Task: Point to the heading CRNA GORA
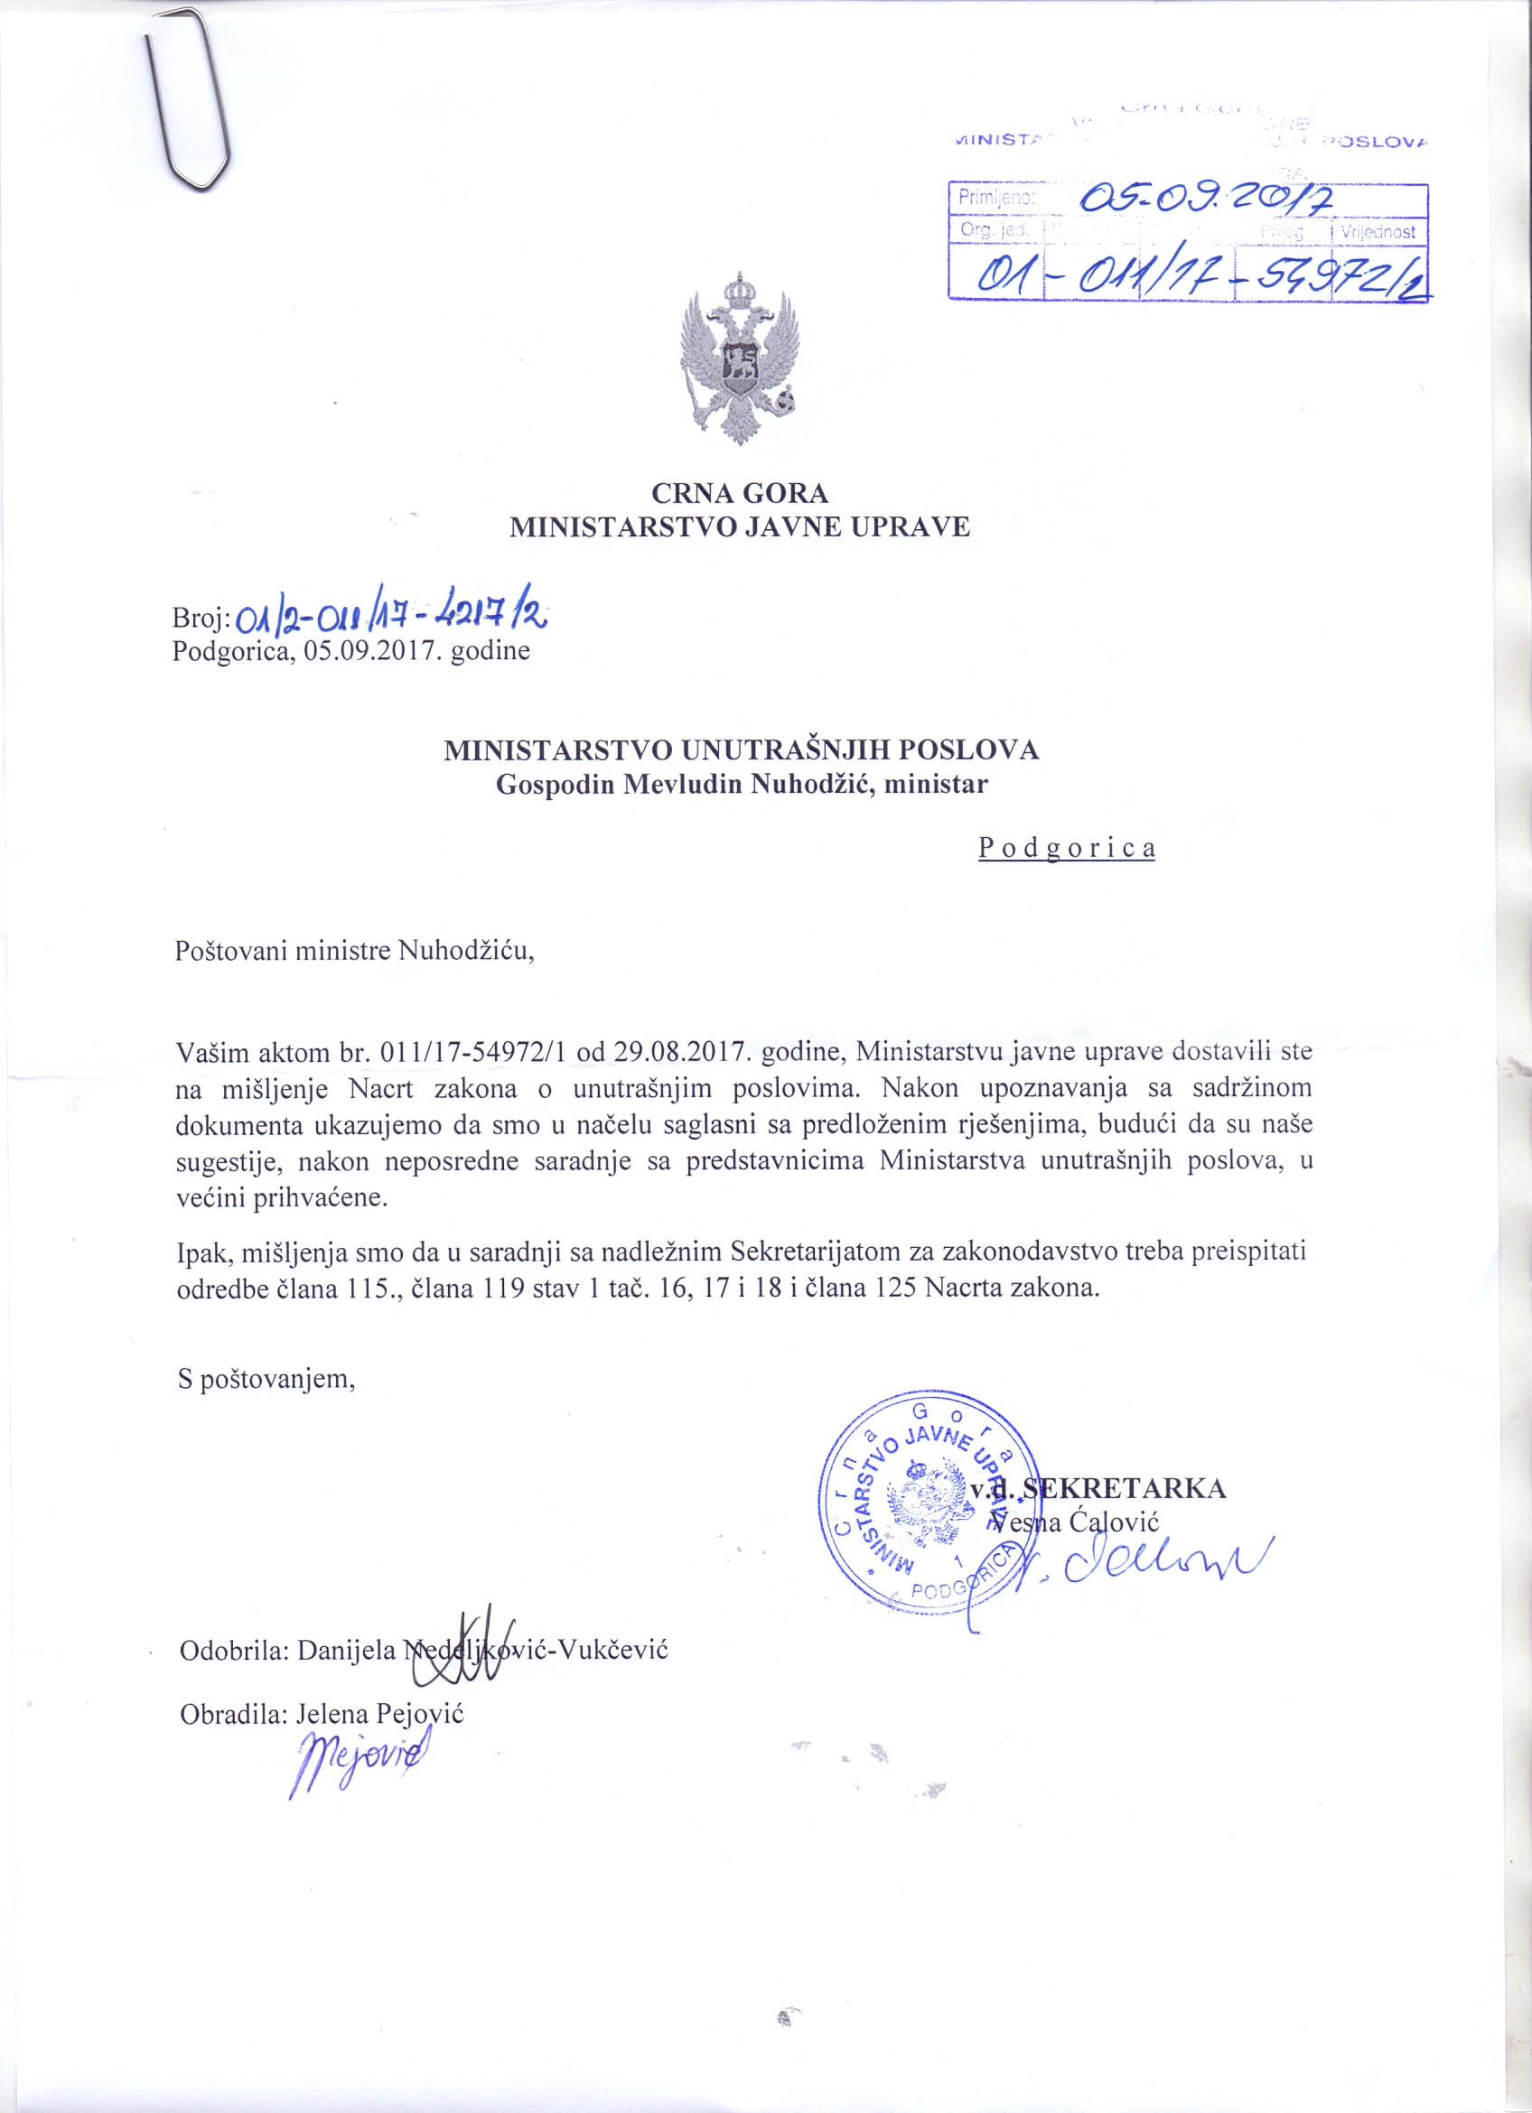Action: pos(740,492)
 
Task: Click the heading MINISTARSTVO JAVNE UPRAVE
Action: pos(740,526)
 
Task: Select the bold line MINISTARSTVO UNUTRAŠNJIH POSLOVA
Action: pos(741,750)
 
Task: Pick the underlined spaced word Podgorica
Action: pos(1066,848)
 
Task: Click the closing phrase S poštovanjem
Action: pos(266,1379)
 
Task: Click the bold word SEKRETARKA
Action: pos(1124,1488)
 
